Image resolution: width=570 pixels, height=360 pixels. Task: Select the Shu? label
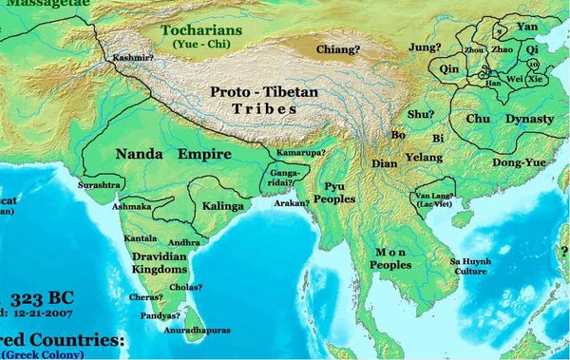click(x=421, y=114)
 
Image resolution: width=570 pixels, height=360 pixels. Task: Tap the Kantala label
click(x=140, y=237)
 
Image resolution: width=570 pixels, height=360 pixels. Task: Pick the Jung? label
click(x=425, y=46)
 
